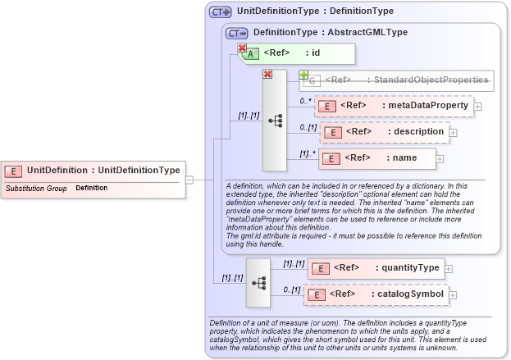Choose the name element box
(376, 157)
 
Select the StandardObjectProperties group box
(399, 80)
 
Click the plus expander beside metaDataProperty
(478, 106)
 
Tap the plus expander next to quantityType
(449, 268)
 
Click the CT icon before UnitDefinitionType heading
(220, 11)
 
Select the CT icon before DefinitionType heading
(236, 33)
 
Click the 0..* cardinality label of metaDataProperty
(306, 101)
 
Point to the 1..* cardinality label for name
(307, 153)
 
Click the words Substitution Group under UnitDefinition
(36, 189)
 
